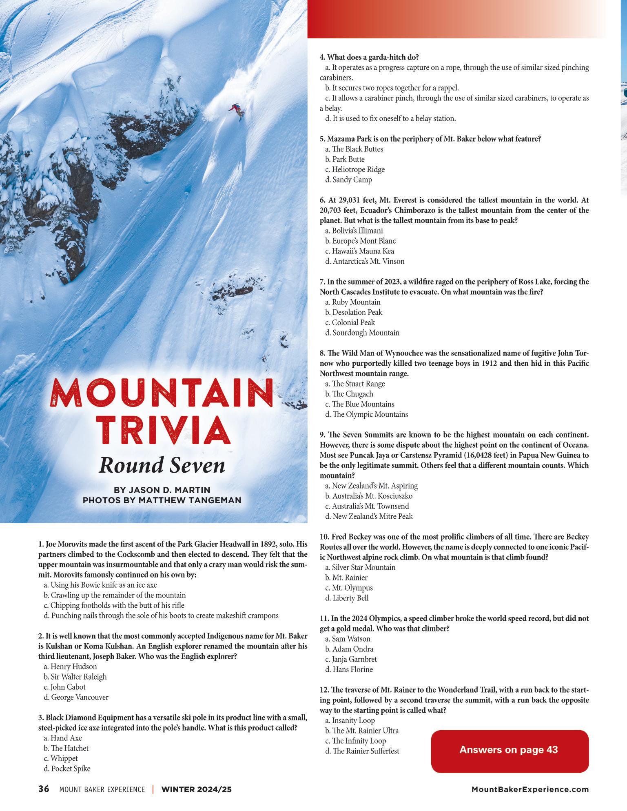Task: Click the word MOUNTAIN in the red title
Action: (162, 393)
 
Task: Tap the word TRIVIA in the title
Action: (162, 430)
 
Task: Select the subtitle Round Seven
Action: (162, 465)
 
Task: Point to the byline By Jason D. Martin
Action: (162, 490)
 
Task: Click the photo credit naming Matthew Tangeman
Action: (162, 500)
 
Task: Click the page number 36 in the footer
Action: (44, 789)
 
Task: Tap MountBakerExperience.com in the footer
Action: (530, 789)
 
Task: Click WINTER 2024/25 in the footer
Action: (197, 789)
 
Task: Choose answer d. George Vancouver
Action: (76, 697)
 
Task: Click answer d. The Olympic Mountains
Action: (367, 414)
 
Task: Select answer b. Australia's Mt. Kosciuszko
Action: (369, 496)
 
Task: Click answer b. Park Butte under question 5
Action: (345, 159)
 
